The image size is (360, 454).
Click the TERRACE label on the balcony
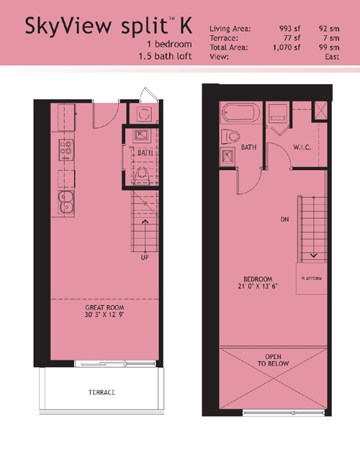[102, 392]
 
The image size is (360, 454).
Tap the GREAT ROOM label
[104, 307]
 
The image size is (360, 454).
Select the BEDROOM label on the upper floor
[258, 279]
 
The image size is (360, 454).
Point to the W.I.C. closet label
[302, 147]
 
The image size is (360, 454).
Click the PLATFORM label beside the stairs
[311, 278]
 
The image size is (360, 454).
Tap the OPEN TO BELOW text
[273, 360]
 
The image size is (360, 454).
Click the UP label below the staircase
[145, 258]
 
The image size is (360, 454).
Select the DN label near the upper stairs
[284, 219]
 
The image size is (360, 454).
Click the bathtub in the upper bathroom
[240, 113]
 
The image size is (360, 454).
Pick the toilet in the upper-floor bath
[230, 137]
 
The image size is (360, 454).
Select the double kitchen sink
[66, 202]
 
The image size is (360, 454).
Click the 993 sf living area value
[289, 29]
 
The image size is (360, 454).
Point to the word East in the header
[332, 57]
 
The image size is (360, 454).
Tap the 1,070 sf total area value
[287, 47]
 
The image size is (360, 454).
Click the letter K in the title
[186, 25]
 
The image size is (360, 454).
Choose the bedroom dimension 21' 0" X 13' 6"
[258, 286]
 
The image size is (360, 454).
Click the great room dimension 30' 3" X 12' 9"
[104, 314]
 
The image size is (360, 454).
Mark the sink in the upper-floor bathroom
[228, 157]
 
